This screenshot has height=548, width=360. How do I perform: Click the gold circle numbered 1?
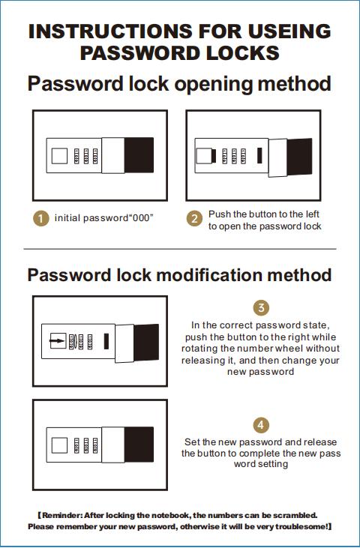pyautogui.click(x=41, y=218)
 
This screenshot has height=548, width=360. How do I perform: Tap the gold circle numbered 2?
pyautogui.click(x=194, y=218)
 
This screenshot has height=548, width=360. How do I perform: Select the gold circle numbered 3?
pyautogui.click(x=261, y=308)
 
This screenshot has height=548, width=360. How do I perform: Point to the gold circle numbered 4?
pyautogui.click(x=261, y=425)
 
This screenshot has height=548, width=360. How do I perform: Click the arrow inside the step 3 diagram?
pyautogui.click(x=57, y=340)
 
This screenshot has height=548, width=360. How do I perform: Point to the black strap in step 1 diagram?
pyautogui.click(x=139, y=155)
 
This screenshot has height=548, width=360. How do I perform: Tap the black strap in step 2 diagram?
pyautogui.click(x=299, y=157)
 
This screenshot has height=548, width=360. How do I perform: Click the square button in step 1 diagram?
pyautogui.click(x=59, y=156)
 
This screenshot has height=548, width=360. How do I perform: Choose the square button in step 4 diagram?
pyautogui.click(x=59, y=445)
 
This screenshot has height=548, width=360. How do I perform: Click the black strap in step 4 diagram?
pyautogui.click(x=139, y=445)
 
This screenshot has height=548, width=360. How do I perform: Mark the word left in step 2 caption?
pyautogui.click(x=313, y=214)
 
